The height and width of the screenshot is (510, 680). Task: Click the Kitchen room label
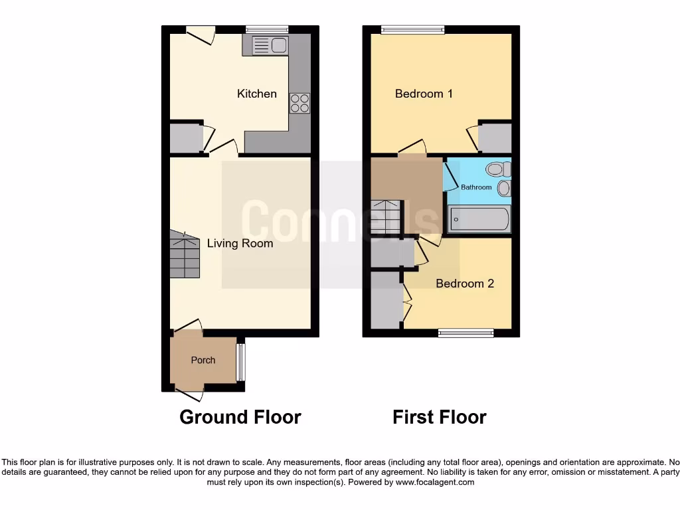257,94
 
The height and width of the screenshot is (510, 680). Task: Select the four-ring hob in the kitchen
299,103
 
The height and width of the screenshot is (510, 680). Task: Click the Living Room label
240,243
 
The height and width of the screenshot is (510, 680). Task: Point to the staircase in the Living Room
185,255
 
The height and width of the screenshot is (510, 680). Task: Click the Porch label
203,360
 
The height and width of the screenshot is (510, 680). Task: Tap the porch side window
241,361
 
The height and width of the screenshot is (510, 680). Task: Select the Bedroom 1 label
424,94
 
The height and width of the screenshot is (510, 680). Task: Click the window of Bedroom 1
412,29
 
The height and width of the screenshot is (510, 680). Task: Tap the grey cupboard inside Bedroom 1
495,139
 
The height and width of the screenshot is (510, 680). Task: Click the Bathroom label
477,187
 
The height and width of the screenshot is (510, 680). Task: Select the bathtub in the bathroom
479,218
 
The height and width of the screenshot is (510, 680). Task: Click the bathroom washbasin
504,188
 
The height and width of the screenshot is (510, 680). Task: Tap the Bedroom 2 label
465,284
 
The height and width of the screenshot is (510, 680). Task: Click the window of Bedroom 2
466,333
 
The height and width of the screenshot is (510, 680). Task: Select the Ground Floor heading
240,417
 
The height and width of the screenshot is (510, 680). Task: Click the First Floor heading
440,417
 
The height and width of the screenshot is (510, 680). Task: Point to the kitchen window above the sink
266,29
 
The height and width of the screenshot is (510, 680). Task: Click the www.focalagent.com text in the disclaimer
435,482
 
